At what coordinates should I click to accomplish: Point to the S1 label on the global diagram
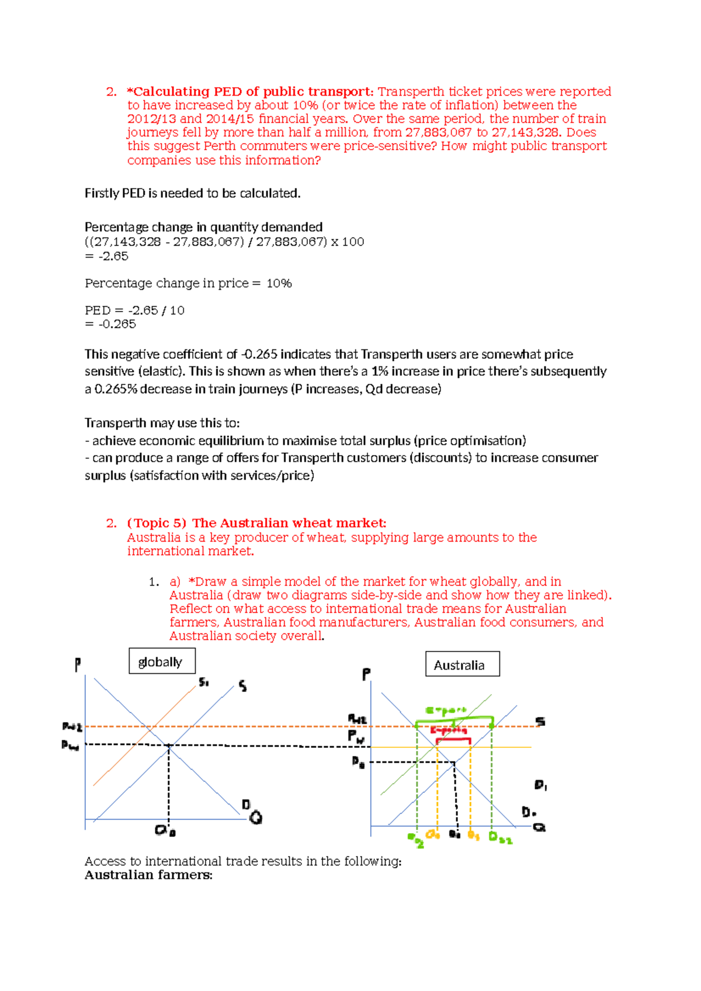click(x=204, y=682)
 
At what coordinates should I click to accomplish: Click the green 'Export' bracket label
click(x=446, y=711)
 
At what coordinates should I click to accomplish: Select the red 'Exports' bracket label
click(x=449, y=730)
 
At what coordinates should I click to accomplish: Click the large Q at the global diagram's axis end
click(x=255, y=817)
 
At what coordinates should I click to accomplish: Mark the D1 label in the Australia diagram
click(x=540, y=785)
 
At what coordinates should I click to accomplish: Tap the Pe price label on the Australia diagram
click(x=358, y=762)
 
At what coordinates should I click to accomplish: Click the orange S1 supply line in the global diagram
click(x=146, y=733)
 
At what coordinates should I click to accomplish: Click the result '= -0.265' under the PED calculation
click(x=110, y=324)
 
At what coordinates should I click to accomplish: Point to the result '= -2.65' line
click(x=106, y=257)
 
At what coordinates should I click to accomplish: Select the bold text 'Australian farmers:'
click(x=148, y=875)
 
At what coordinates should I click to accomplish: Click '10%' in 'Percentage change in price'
click(x=279, y=283)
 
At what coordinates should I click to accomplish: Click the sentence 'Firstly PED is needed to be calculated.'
click(x=192, y=193)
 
